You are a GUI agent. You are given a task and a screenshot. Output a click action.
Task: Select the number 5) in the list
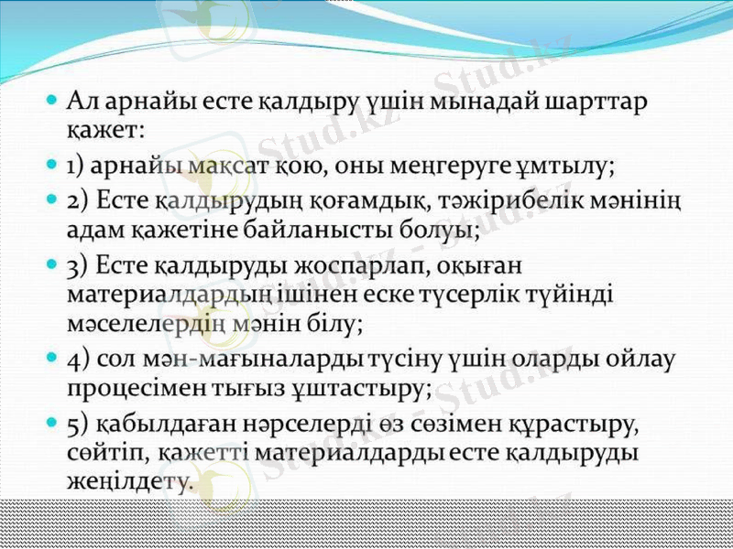pos(77,425)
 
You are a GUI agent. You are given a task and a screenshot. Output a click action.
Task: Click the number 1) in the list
pos(76,167)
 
